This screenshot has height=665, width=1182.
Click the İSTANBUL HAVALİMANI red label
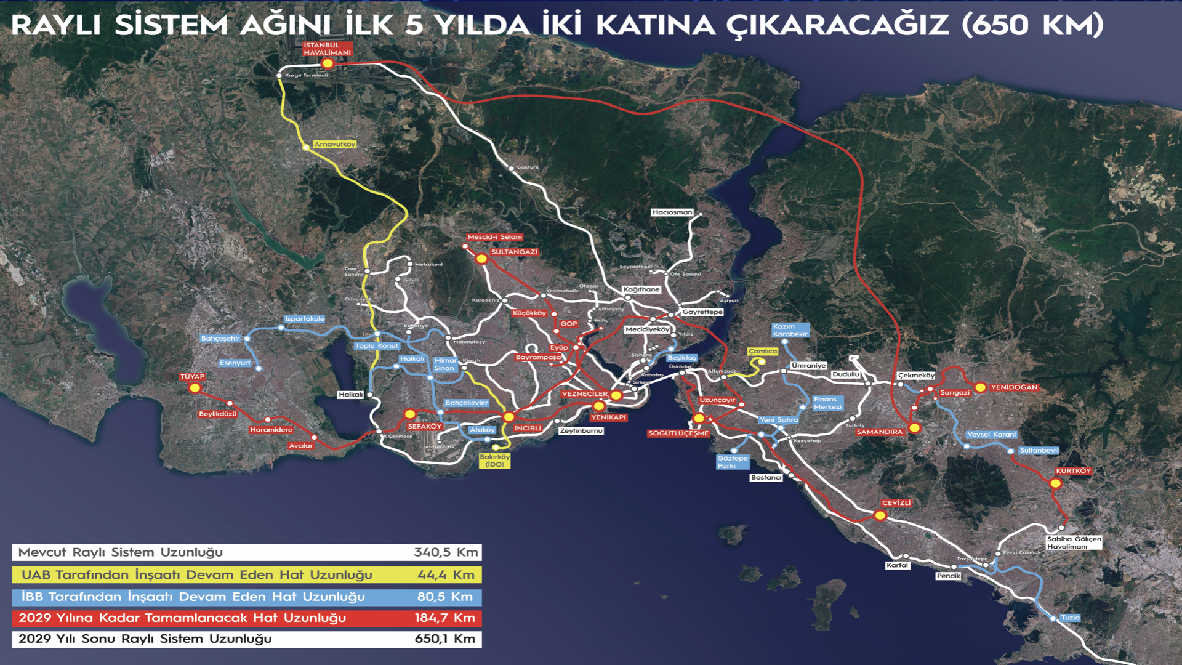328,49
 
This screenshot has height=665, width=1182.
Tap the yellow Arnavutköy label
335,144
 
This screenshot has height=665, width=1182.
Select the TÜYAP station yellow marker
195,388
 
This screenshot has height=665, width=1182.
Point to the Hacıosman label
672,212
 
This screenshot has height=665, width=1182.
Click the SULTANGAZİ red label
514,252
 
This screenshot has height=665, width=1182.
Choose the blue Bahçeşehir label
220,338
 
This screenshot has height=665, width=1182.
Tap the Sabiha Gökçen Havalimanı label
1074,542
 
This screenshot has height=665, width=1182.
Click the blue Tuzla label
1070,618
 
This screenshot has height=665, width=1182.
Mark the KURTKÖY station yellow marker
1056,483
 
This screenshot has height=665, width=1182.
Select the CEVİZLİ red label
896,503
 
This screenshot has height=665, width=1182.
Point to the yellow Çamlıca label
763,352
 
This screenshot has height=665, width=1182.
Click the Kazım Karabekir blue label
790,331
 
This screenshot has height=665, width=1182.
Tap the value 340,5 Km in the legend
446,552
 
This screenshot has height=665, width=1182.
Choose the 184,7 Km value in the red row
444,618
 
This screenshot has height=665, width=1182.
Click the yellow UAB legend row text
197,575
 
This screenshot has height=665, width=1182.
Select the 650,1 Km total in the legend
444,639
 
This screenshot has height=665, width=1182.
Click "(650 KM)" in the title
1032,25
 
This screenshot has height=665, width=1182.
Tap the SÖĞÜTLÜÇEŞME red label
678,433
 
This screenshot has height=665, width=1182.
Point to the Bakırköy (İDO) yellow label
494,461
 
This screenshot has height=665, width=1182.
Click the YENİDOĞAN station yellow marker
980,387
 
